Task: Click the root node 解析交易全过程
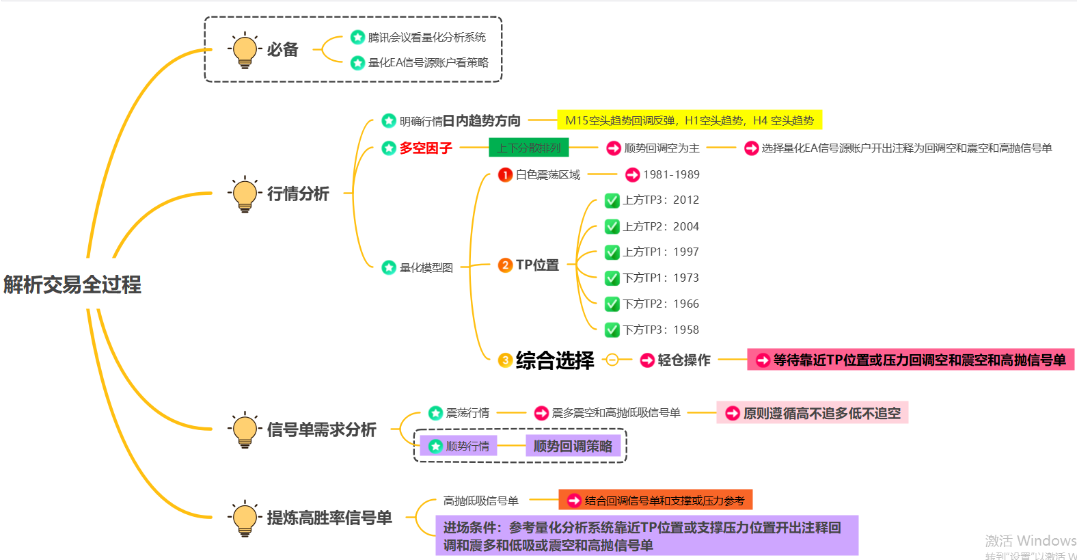click(x=72, y=284)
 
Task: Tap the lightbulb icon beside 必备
click(x=245, y=50)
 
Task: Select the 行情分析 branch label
click(x=298, y=194)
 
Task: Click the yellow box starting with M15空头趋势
click(x=690, y=120)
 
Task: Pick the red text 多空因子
click(x=426, y=148)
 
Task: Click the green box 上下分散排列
click(x=528, y=148)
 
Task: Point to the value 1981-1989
click(x=671, y=174)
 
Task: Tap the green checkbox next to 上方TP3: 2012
click(x=612, y=200)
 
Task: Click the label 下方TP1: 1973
click(x=661, y=278)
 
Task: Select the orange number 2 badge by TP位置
click(x=505, y=265)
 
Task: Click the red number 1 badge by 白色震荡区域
click(x=505, y=174)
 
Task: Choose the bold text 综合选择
click(x=555, y=360)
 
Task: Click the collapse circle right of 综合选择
click(x=612, y=360)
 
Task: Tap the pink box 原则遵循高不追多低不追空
click(x=812, y=413)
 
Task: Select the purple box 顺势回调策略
click(x=573, y=446)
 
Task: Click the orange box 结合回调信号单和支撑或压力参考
click(x=655, y=501)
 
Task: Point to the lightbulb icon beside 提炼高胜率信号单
click(x=245, y=518)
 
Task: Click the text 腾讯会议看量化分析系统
click(x=427, y=37)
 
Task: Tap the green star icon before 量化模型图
click(x=389, y=267)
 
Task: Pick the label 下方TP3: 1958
click(x=661, y=330)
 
